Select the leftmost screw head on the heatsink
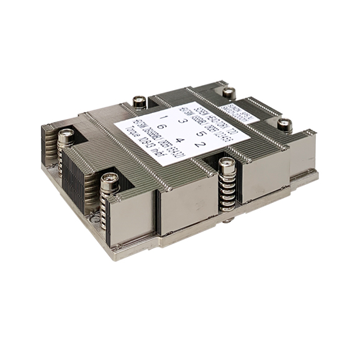[66, 135]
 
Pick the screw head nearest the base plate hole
[110, 179]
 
